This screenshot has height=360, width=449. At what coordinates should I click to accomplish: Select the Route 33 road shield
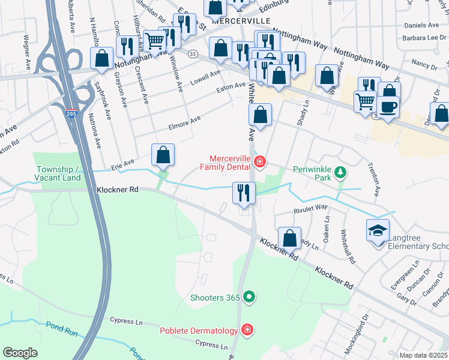[x=192, y=54]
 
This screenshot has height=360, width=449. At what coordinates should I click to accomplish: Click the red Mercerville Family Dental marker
[x=259, y=161]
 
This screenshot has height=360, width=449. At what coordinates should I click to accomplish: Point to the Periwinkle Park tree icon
[x=340, y=173]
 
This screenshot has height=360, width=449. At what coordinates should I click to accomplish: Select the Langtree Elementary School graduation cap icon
[x=378, y=230]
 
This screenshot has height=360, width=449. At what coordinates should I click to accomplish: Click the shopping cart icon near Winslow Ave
[x=155, y=41]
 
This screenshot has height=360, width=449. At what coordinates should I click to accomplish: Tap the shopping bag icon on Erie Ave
[x=163, y=155]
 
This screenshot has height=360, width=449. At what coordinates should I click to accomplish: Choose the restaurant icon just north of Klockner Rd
[x=243, y=193]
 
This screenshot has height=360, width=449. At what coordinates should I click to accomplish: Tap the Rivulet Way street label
[x=310, y=208]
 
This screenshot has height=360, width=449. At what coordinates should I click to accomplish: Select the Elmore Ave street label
[x=187, y=123]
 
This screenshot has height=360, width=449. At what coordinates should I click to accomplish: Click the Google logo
[x=20, y=353]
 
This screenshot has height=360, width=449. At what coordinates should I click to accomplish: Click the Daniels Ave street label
[x=421, y=25]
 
